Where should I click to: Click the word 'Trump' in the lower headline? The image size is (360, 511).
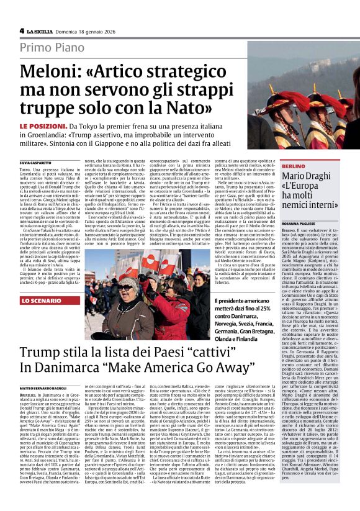41,353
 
